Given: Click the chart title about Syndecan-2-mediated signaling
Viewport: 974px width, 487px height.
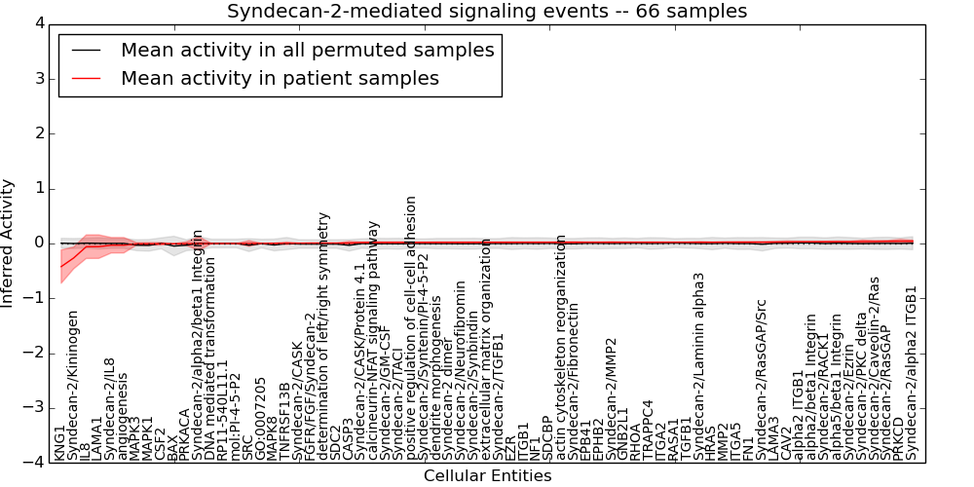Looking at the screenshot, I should point(487,11).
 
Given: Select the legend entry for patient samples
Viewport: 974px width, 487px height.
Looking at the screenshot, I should point(280,78).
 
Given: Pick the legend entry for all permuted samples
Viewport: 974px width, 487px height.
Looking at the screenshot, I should point(307,50).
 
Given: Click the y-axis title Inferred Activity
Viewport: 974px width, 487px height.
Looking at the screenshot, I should point(9,243).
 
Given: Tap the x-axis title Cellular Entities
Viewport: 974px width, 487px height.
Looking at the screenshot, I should point(487,476).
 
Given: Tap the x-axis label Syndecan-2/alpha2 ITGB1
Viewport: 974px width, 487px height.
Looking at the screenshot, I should point(912,373).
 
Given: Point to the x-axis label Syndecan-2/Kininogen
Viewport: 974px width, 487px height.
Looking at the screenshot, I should point(73,385).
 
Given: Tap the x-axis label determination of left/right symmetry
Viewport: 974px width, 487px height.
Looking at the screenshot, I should point(323,336).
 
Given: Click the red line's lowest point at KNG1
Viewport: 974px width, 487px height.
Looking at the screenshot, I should point(61,267).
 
